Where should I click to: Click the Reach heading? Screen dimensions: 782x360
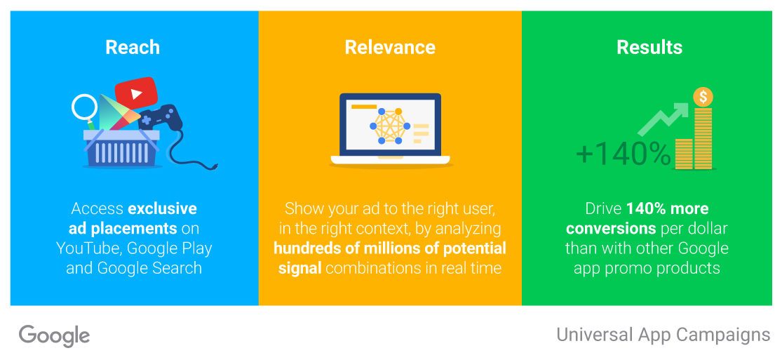point(133,48)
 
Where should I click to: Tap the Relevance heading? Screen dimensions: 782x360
point(390,48)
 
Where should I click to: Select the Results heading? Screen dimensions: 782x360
point(649,48)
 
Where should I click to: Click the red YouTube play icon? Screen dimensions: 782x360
point(136,93)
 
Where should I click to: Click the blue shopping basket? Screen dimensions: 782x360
point(122,148)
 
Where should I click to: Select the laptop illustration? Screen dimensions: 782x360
point(390,129)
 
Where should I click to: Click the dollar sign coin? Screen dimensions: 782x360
point(703,97)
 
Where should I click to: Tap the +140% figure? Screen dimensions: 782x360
point(623,154)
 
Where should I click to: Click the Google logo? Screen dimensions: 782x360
point(55,335)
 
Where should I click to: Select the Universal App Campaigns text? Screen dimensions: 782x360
point(663,335)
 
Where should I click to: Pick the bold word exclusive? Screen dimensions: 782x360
point(162,208)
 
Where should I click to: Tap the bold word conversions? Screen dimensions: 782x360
point(611,229)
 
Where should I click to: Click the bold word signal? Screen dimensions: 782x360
point(299,269)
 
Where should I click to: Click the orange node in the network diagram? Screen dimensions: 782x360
point(398,111)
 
